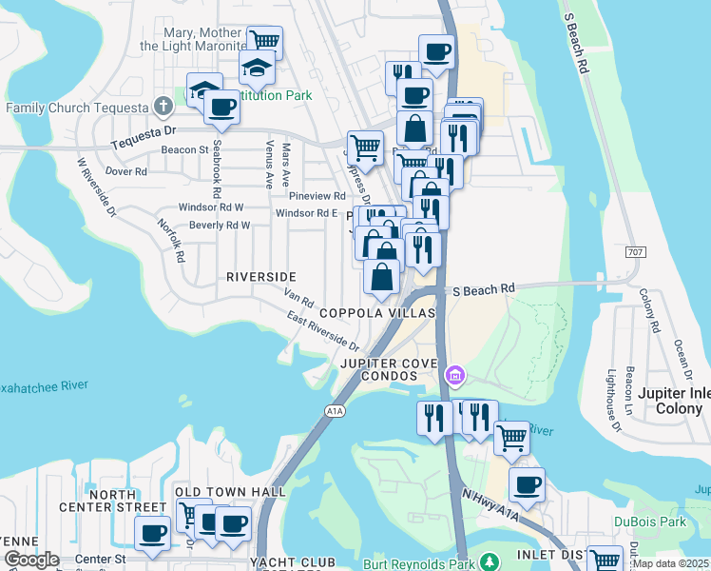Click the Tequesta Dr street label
pyautogui.click(x=143, y=133)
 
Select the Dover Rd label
pyautogui.click(x=125, y=172)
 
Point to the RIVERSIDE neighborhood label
pyautogui.click(x=260, y=277)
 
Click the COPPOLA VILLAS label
pyautogui.click(x=376, y=313)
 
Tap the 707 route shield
pyautogui.click(x=637, y=252)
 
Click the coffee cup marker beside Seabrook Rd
pyautogui.click(x=221, y=108)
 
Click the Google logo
pyautogui.click(x=30, y=560)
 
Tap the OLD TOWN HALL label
pyautogui.click(x=230, y=491)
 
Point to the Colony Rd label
pyautogui.click(x=650, y=309)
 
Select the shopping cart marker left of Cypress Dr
pyautogui.click(x=365, y=148)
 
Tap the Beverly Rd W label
pyautogui.click(x=219, y=226)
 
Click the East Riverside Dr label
pyautogui.click(x=323, y=333)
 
